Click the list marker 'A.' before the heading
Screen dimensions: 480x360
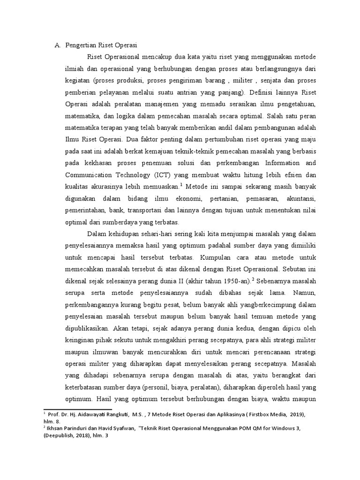(58, 45)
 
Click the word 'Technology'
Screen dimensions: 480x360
(135, 175)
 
